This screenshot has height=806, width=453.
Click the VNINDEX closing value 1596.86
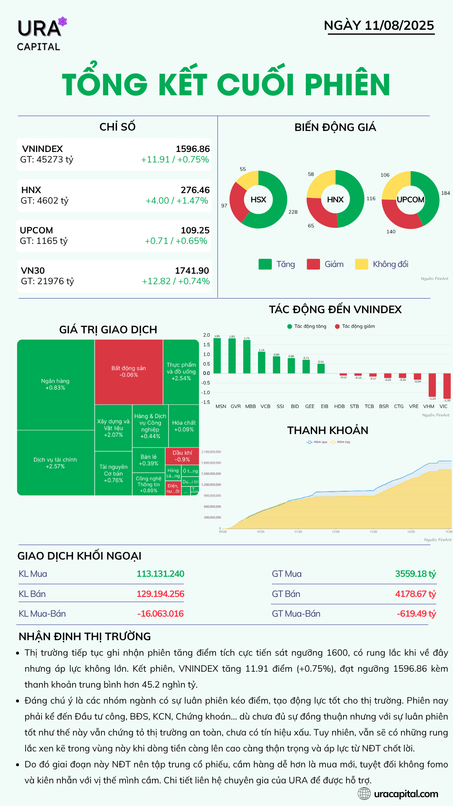(x=193, y=149)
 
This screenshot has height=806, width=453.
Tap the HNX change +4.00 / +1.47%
(x=177, y=201)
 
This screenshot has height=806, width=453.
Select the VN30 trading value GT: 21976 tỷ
(x=47, y=281)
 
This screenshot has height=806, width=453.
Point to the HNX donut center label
(x=335, y=199)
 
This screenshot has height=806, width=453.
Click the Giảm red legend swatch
(x=313, y=264)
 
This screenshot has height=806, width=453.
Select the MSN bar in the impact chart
(x=217, y=355)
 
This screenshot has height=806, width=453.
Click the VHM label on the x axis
(x=429, y=406)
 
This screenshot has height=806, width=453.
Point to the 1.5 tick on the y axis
(x=206, y=345)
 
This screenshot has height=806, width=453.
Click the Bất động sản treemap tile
(x=129, y=372)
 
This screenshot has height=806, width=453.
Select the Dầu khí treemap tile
(x=182, y=456)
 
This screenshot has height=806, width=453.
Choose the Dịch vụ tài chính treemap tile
(x=55, y=463)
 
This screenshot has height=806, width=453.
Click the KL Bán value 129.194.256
(x=160, y=594)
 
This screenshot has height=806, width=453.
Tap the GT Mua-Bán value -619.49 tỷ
(x=416, y=614)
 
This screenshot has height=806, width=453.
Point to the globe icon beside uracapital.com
(x=364, y=794)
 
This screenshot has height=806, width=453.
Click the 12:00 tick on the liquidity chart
(x=336, y=532)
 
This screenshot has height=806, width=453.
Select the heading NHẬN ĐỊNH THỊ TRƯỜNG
(x=85, y=636)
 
